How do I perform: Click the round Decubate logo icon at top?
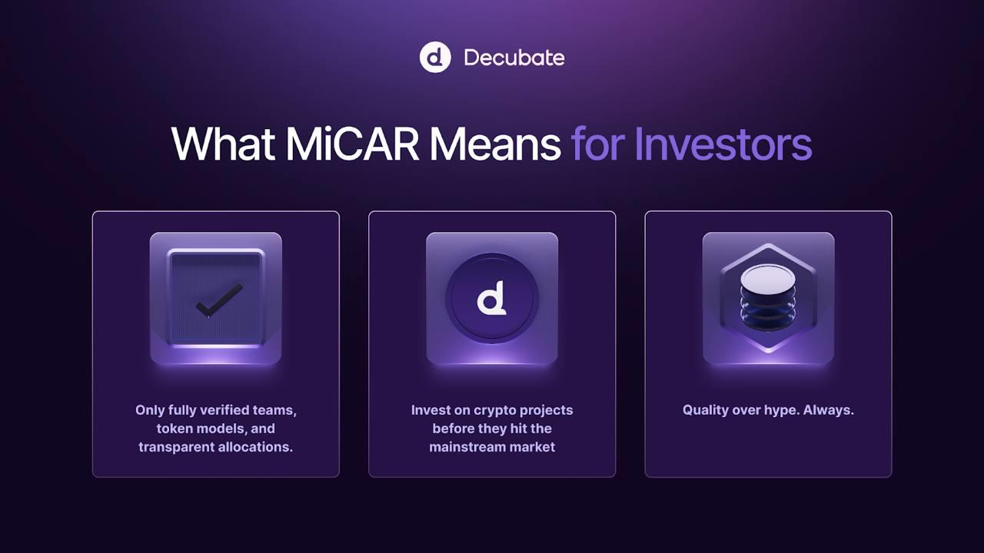point(435,57)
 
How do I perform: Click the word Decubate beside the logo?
point(514,58)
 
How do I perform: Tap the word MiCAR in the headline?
point(352,144)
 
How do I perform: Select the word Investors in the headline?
point(723,144)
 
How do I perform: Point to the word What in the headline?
point(223,144)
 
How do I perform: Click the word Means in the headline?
point(494,144)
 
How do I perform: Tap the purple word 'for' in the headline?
point(598,144)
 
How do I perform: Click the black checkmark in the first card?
point(219,300)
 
